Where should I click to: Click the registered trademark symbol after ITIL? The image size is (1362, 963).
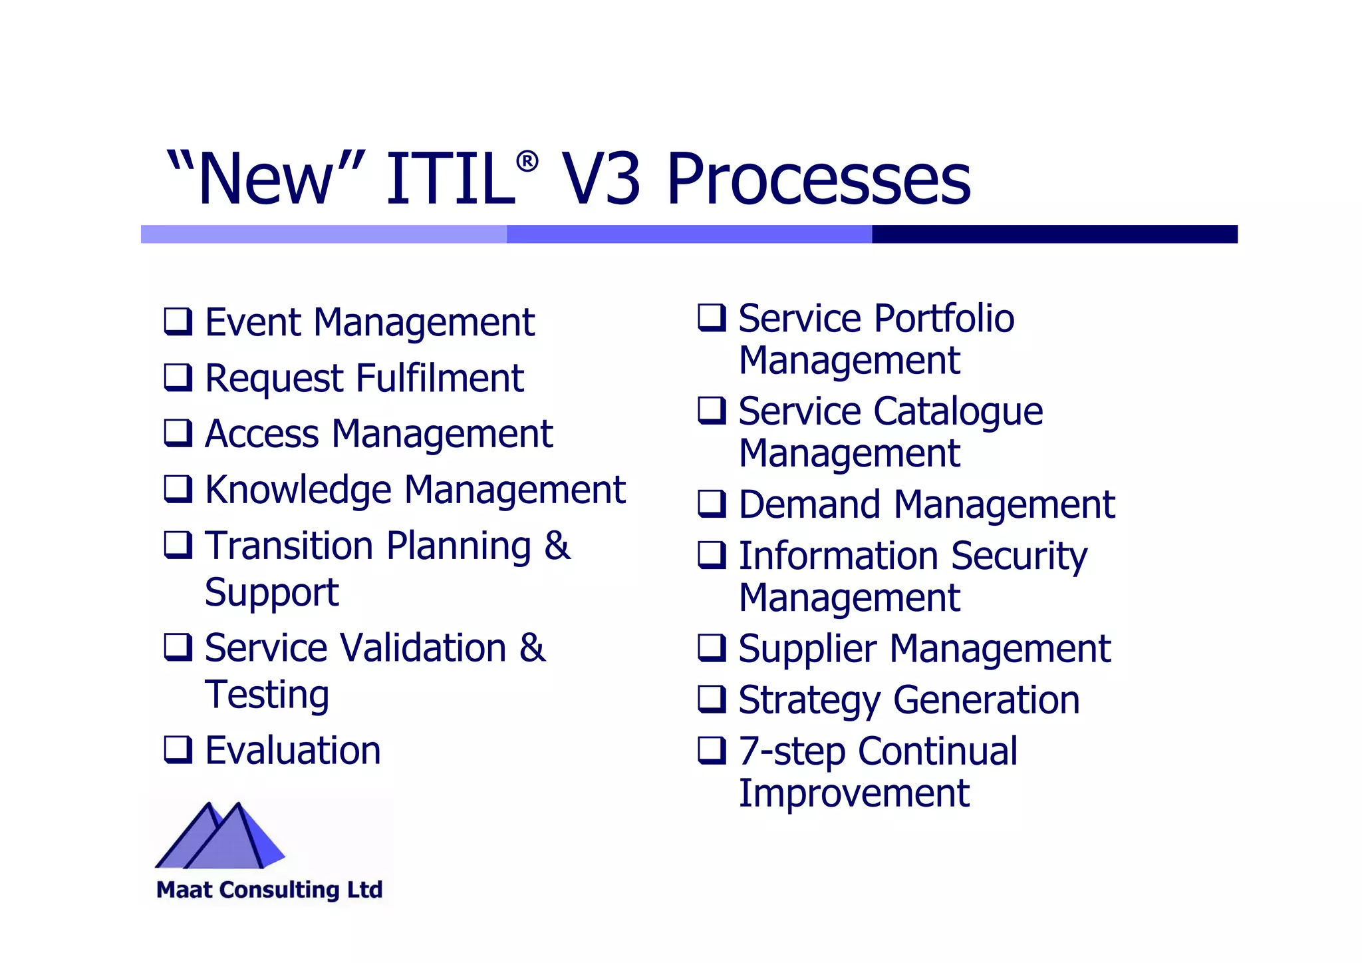(x=527, y=162)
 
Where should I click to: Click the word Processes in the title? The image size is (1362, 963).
(x=819, y=180)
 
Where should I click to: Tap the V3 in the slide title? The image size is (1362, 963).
(x=601, y=180)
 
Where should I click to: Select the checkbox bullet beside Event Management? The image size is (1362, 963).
(x=178, y=321)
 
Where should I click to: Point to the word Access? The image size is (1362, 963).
(x=262, y=434)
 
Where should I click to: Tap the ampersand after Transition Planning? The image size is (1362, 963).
(x=557, y=546)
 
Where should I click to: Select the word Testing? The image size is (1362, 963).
(x=267, y=696)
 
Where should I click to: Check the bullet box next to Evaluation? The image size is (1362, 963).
(x=178, y=750)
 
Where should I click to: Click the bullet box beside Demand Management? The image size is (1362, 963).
(x=712, y=504)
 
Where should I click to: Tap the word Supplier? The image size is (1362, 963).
(x=807, y=650)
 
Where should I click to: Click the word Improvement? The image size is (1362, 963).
(x=854, y=793)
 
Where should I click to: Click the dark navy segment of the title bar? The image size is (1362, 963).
(x=1054, y=234)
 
